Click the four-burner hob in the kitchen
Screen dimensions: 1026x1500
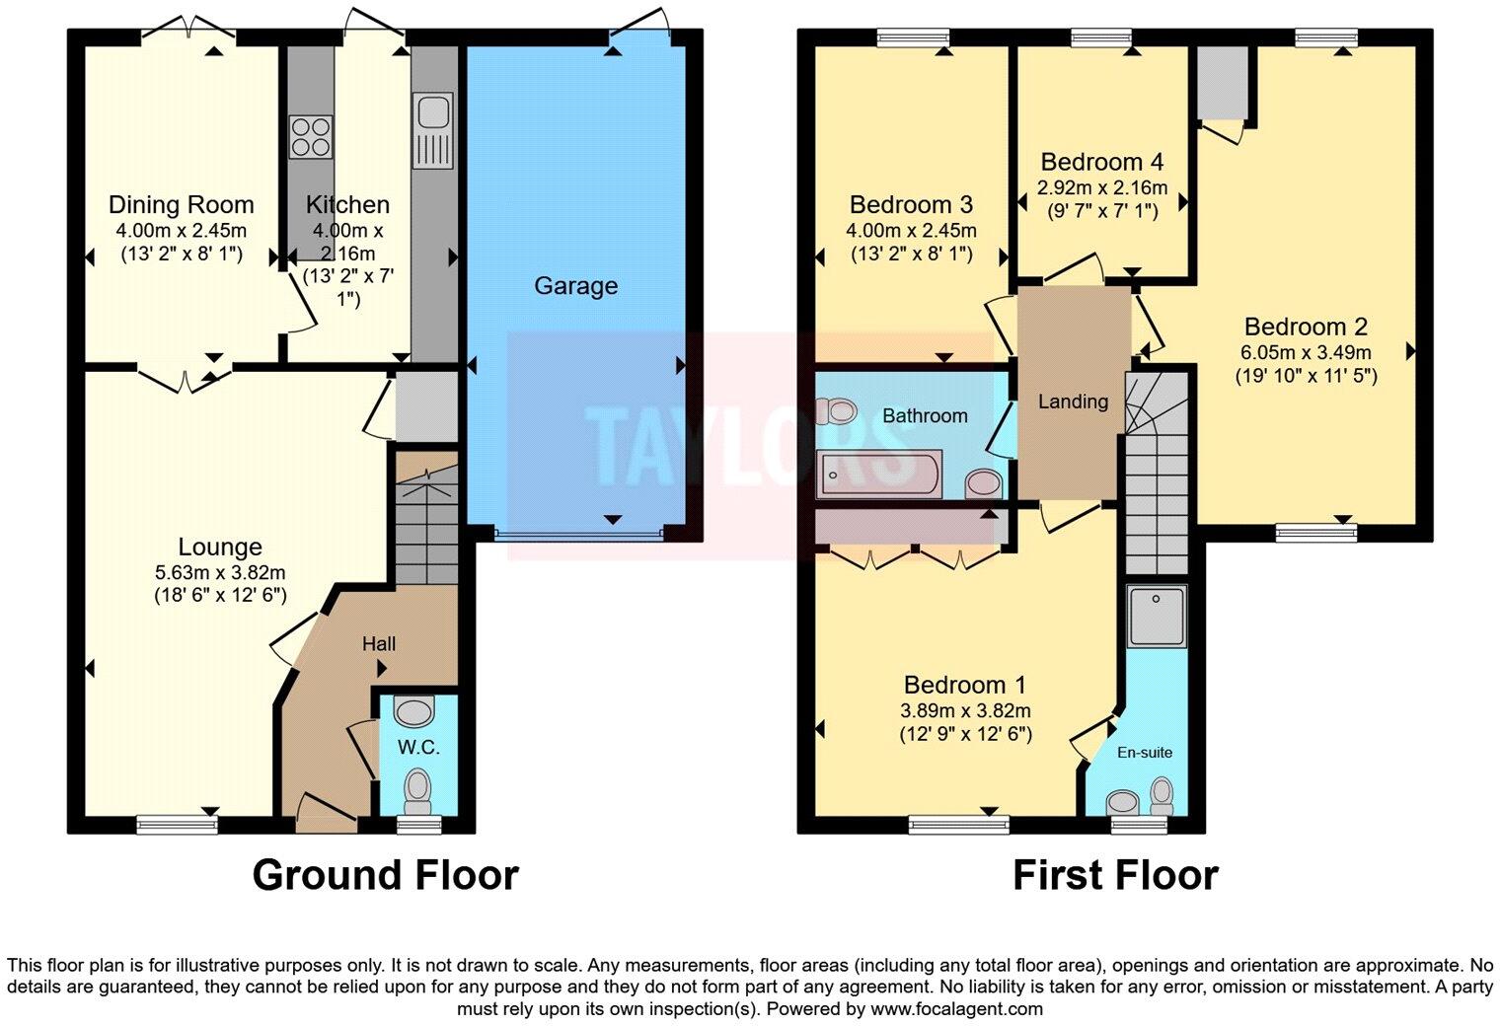click(310, 136)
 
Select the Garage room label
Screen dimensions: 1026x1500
click(575, 286)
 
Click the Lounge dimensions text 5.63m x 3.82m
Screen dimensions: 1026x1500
click(219, 572)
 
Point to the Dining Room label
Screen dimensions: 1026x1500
click(181, 205)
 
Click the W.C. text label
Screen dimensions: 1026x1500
click(418, 748)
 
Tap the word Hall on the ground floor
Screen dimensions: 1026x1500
click(379, 644)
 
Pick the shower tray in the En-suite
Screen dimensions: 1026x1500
click(1156, 616)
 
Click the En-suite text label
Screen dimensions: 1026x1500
click(1145, 753)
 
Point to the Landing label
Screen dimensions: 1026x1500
click(1073, 402)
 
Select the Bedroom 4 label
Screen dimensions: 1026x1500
click(1101, 162)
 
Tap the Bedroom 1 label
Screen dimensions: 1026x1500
click(964, 685)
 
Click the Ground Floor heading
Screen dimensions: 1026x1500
click(385, 875)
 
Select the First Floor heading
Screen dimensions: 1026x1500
click(1115, 875)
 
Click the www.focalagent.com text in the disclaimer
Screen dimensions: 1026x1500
click(955, 1009)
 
